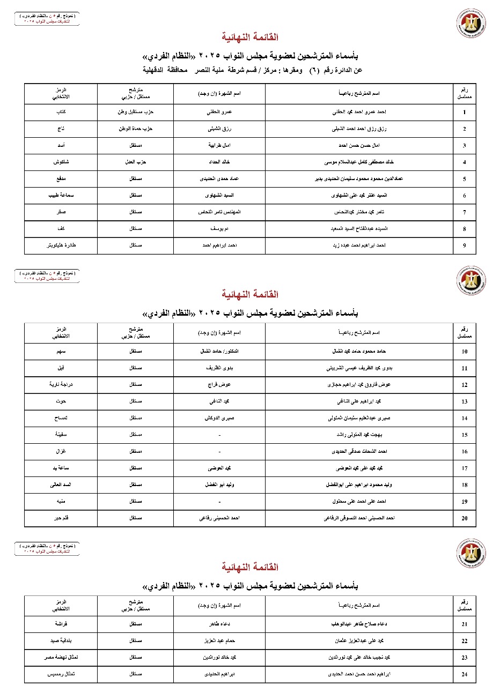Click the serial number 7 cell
(x=464, y=212)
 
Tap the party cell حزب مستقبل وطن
(x=136, y=113)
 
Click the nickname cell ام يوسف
(x=219, y=229)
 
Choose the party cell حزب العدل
(x=136, y=162)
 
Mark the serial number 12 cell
(x=464, y=385)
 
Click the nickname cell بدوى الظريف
(x=219, y=368)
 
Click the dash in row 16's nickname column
(x=219, y=451)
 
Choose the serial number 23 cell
(x=464, y=658)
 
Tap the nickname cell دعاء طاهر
(x=219, y=624)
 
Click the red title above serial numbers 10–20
(x=249, y=294)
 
